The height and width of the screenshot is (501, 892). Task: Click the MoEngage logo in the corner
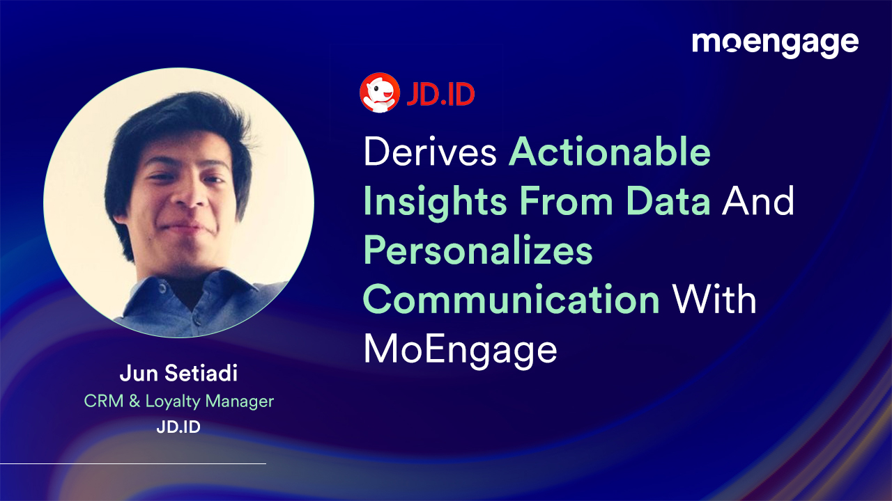tap(775, 43)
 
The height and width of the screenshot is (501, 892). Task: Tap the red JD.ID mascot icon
tap(379, 94)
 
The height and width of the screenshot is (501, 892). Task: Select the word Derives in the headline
tap(430, 152)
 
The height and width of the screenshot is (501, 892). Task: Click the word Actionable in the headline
tap(610, 152)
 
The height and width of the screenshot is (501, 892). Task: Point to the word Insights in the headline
tap(435, 201)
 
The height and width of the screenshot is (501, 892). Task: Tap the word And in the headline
tap(758, 201)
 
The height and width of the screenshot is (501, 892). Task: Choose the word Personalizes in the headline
tap(478, 250)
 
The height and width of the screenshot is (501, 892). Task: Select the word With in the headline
tap(714, 300)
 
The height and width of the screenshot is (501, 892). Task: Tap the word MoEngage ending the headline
tap(460, 349)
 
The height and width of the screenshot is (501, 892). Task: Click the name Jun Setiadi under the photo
tap(178, 374)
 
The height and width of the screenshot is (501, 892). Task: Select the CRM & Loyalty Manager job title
tap(178, 401)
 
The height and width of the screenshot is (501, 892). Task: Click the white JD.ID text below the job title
tap(178, 427)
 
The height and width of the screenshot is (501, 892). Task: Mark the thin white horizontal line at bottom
tap(132, 463)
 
